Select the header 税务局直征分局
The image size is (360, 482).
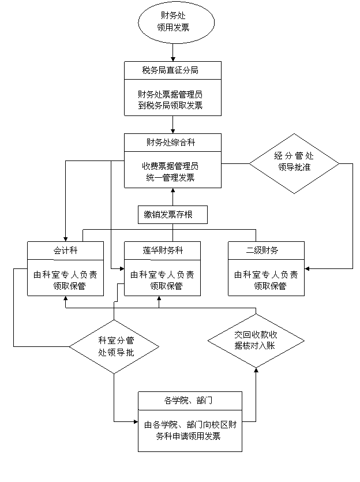click(172, 70)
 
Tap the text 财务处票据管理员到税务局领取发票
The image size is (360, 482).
click(172, 99)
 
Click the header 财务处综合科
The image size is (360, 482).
click(172, 142)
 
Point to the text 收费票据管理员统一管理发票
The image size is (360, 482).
click(172, 171)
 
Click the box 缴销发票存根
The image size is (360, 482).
click(172, 215)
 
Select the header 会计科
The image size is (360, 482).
click(65, 251)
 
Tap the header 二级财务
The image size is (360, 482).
click(266, 251)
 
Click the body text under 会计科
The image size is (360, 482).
click(65, 280)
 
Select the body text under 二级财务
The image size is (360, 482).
click(266, 280)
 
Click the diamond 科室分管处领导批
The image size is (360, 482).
click(115, 346)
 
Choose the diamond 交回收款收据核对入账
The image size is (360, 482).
click(256, 340)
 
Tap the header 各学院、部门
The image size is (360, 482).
click(190, 401)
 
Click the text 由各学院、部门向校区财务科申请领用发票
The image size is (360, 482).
click(190, 431)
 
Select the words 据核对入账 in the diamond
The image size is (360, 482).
click(256, 346)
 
